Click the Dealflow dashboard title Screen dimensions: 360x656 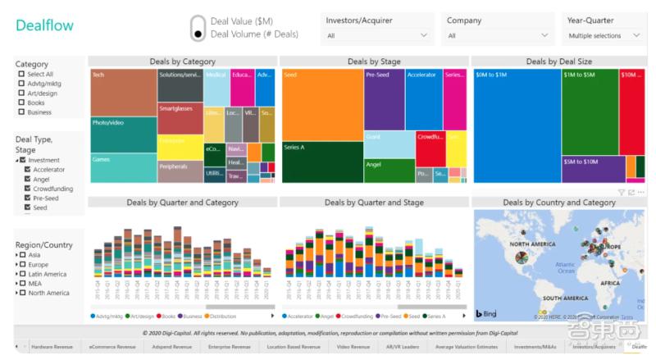(44, 25)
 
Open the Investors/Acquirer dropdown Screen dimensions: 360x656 (376, 36)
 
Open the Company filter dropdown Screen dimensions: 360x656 (498, 36)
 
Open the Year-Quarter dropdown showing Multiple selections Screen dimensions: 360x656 (605, 36)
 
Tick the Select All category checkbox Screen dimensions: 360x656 (21, 74)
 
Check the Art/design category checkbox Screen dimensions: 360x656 (21, 93)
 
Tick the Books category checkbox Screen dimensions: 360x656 (21, 103)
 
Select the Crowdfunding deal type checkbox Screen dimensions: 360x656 (28, 189)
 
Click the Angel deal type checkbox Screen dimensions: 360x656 (28, 179)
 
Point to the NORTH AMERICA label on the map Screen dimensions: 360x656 (531, 244)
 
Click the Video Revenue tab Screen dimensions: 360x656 (353, 347)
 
